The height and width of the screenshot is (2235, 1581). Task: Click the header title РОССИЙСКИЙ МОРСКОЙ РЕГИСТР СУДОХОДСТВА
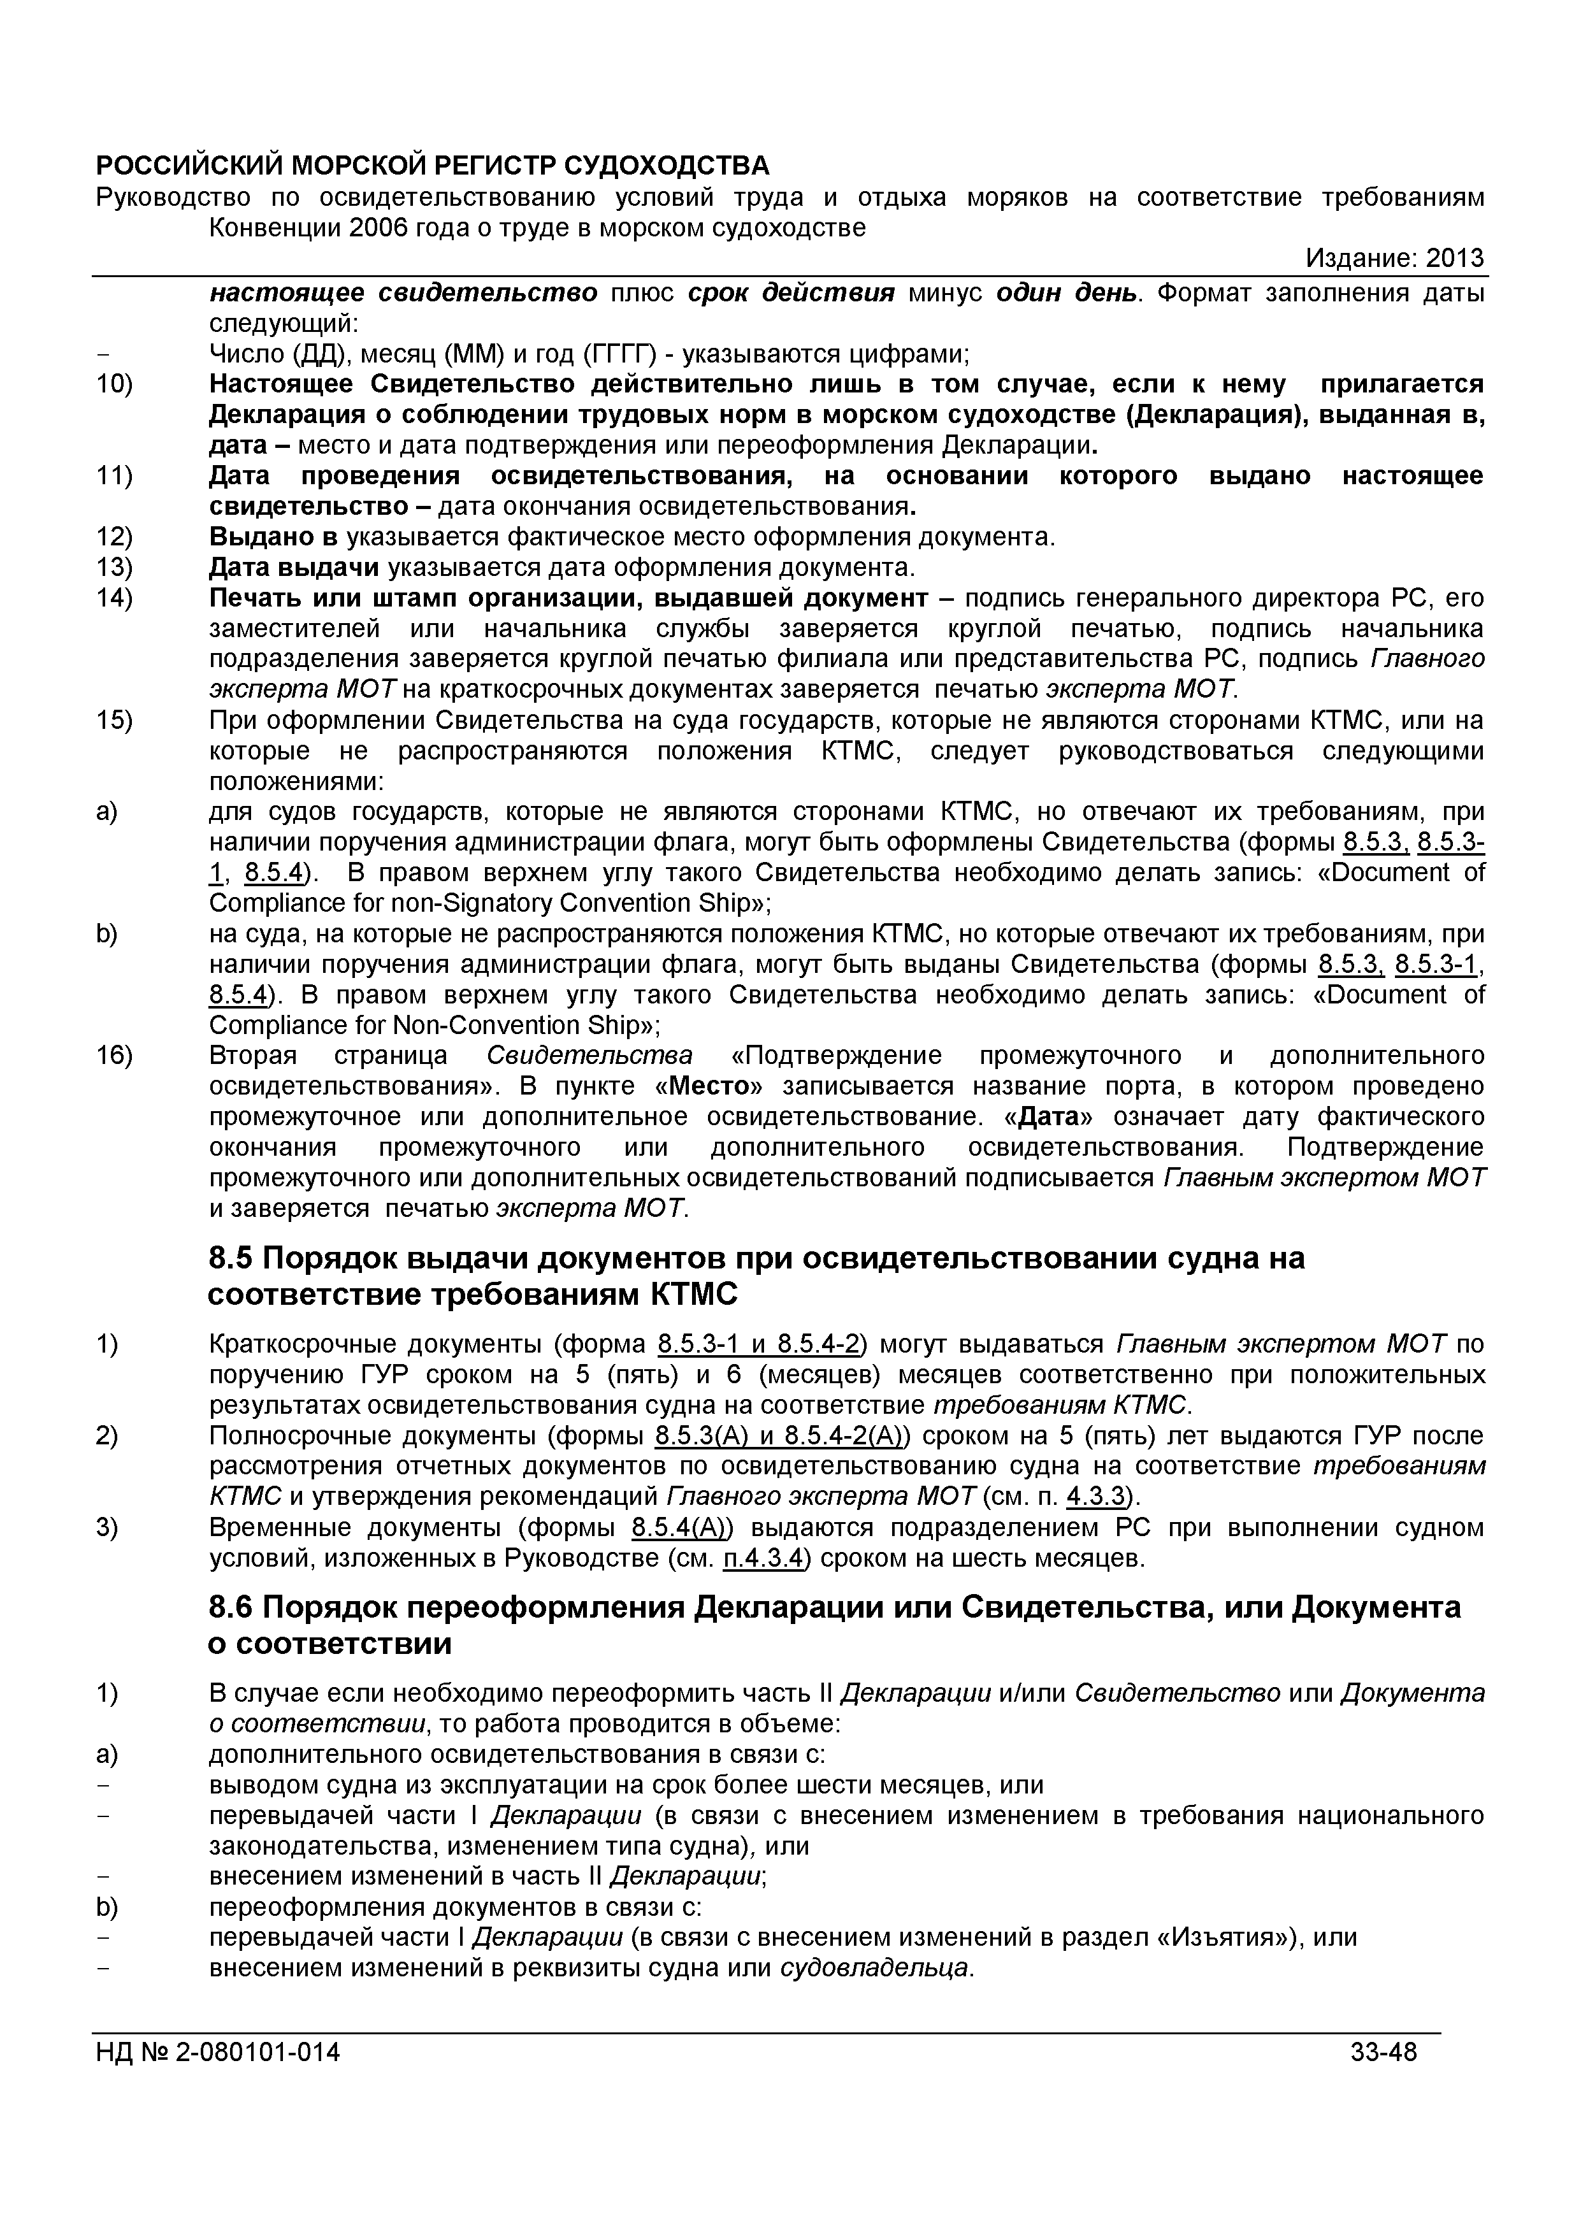tap(432, 166)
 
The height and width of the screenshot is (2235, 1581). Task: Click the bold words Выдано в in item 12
tap(273, 537)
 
